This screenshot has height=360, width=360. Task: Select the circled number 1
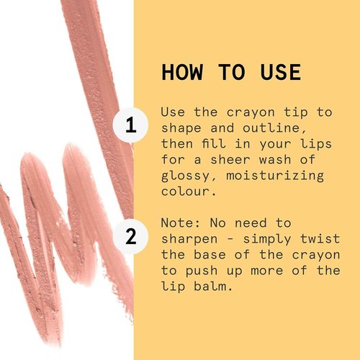(x=130, y=125)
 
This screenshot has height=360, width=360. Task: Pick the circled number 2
(x=130, y=235)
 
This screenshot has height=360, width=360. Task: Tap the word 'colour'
(x=184, y=192)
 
